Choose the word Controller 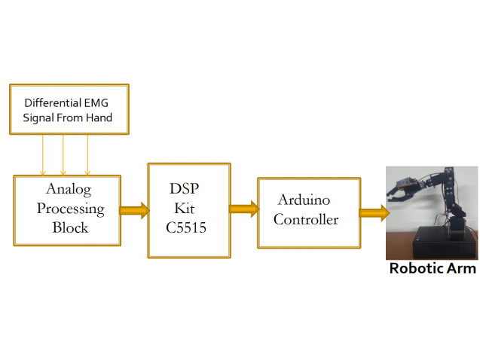[305, 220]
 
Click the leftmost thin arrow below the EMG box [43, 154]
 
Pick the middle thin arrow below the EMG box [63, 154]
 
